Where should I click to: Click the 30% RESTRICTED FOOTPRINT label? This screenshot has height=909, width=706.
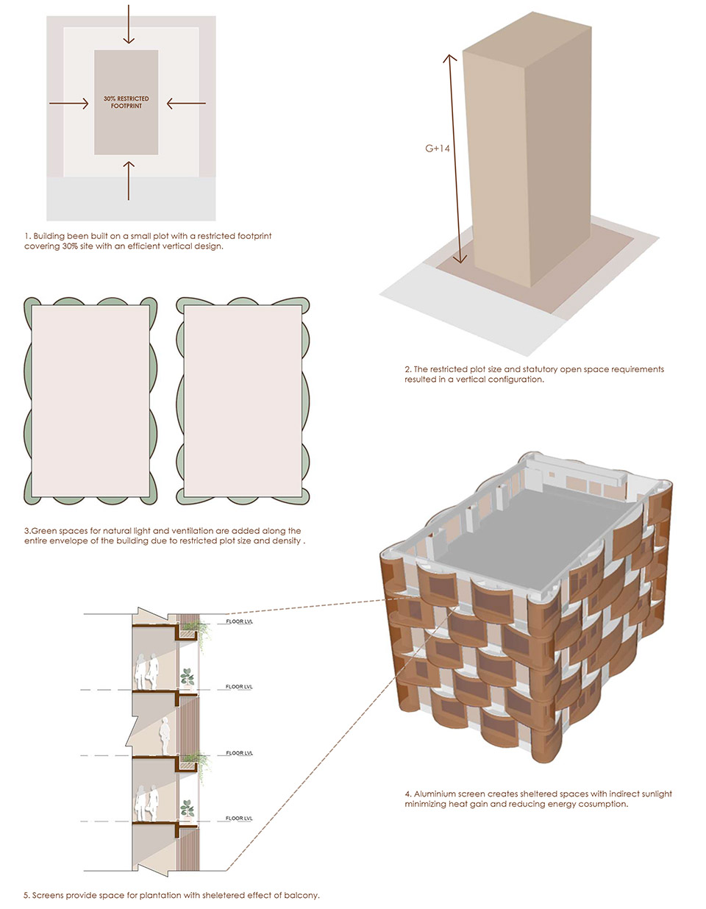(x=126, y=102)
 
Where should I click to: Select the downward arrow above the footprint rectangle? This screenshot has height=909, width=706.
(x=129, y=24)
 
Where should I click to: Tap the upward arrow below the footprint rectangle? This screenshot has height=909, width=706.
(x=129, y=181)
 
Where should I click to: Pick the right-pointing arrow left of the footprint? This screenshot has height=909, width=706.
(x=69, y=103)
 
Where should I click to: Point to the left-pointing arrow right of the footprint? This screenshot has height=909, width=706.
(x=186, y=103)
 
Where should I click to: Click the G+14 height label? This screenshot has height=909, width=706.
(x=438, y=148)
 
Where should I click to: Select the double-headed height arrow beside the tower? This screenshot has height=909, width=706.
(x=455, y=159)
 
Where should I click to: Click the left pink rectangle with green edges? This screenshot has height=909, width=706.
(x=90, y=401)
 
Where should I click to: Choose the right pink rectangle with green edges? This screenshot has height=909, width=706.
(x=243, y=401)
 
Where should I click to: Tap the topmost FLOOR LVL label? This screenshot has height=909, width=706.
(x=239, y=621)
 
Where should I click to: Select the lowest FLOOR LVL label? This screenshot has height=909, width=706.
(x=239, y=819)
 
